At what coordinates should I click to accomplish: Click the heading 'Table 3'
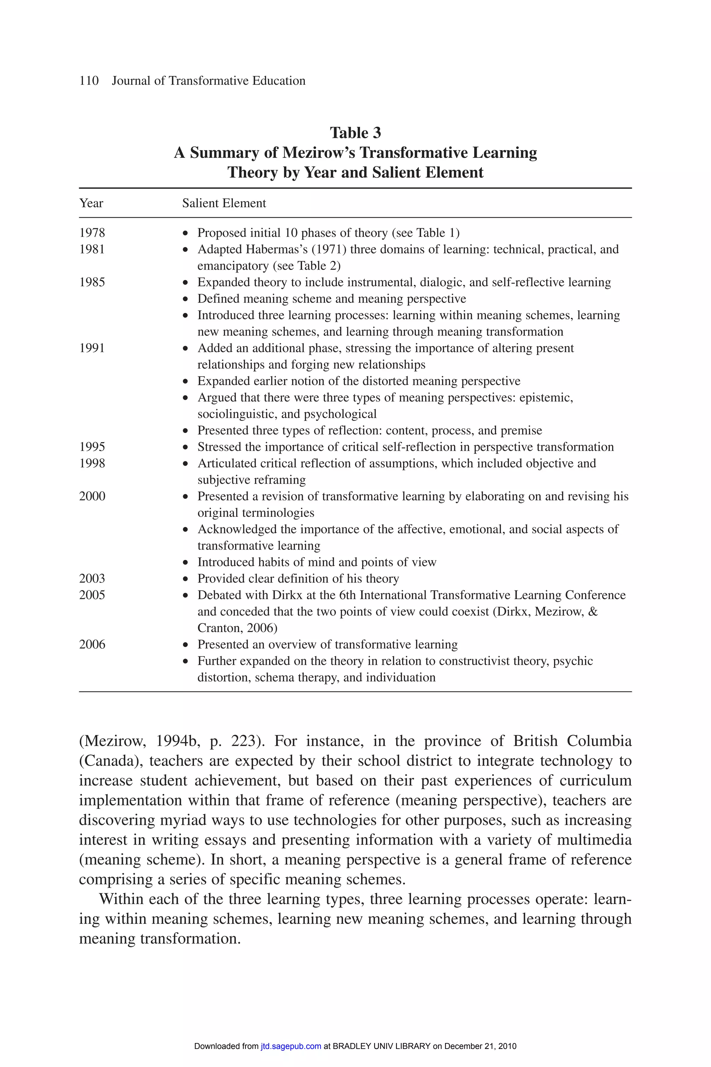355,133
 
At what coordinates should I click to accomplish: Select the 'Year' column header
91,203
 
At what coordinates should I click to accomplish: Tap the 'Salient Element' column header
224,203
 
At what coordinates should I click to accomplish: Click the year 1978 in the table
92,233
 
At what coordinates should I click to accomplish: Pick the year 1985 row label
92,282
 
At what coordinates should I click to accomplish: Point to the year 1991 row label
92,348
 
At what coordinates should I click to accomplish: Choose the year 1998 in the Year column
92,463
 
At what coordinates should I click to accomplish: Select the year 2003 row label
92,578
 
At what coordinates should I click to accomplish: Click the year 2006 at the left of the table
92,644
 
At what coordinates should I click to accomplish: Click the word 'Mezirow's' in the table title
318,153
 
